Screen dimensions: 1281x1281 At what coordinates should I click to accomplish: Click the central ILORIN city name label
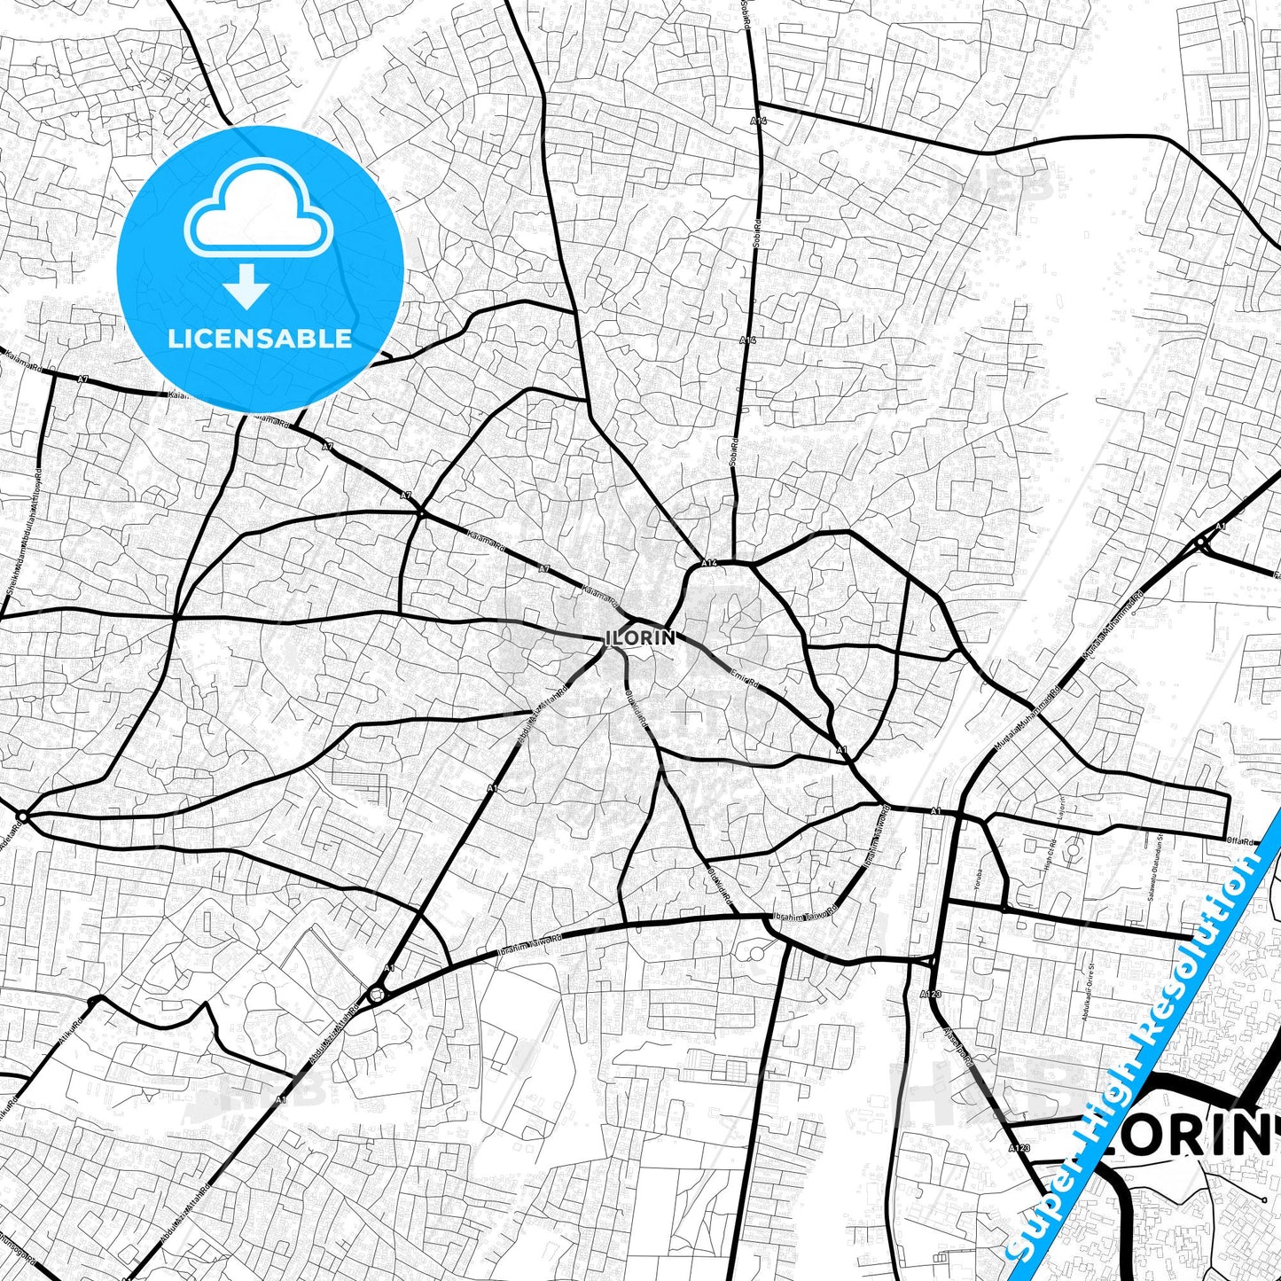[x=641, y=637]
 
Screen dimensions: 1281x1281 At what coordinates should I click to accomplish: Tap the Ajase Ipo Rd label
[x=958, y=1046]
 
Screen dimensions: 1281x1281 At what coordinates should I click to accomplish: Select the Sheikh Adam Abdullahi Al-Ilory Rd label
[x=27, y=532]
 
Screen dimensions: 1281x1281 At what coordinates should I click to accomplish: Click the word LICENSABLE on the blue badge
[x=260, y=339]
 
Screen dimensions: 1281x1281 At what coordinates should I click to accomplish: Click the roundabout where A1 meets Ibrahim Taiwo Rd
[x=378, y=994]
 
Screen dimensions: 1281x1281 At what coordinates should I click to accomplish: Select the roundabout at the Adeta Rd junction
[x=22, y=816]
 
